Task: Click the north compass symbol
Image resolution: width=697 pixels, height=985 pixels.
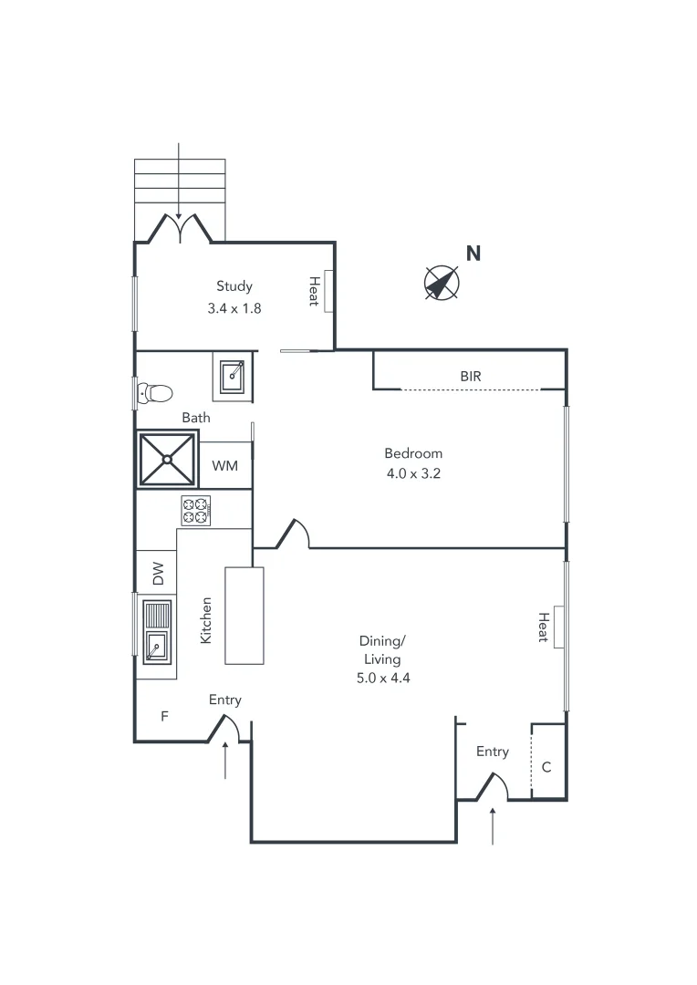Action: pyautogui.click(x=442, y=283)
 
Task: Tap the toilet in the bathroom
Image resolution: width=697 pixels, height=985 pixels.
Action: pyautogui.click(x=156, y=393)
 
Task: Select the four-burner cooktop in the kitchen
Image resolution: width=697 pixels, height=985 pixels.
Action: pyautogui.click(x=196, y=510)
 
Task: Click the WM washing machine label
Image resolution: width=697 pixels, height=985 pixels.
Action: pyautogui.click(x=225, y=466)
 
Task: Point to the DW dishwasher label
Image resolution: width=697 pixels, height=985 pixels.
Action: pyautogui.click(x=158, y=574)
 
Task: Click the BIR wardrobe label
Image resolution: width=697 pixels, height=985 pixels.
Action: pyautogui.click(x=471, y=376)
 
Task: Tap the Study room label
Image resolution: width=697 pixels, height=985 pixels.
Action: pyautogui.click(x=234, y=286)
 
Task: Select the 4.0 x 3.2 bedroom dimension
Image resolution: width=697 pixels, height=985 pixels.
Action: pyautogui.click(x=413, y=473)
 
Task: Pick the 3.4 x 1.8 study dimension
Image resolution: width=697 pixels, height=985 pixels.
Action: pyautogui.click(x=234, y=308)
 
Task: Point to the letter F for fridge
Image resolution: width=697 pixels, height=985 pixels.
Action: pyautogui.click(x=165, y=717)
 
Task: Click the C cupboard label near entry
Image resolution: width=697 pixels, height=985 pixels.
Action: pyautogui.click(x=546, y=767)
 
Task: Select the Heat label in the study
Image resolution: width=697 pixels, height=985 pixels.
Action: pyautogui.click(x=314, y=290)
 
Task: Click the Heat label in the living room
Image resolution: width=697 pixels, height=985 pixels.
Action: pyautogui.click(x=543, y=627)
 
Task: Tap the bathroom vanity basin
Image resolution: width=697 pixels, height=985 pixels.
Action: pyautogui.click(x=234, y=376)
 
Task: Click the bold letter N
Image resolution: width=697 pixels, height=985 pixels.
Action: pyautogui.click(x=473, y=254)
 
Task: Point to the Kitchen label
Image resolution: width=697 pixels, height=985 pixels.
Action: pyautogui.click(x=206, y=620)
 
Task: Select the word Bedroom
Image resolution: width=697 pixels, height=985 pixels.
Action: pyautogui.click(x=413, y=453)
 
